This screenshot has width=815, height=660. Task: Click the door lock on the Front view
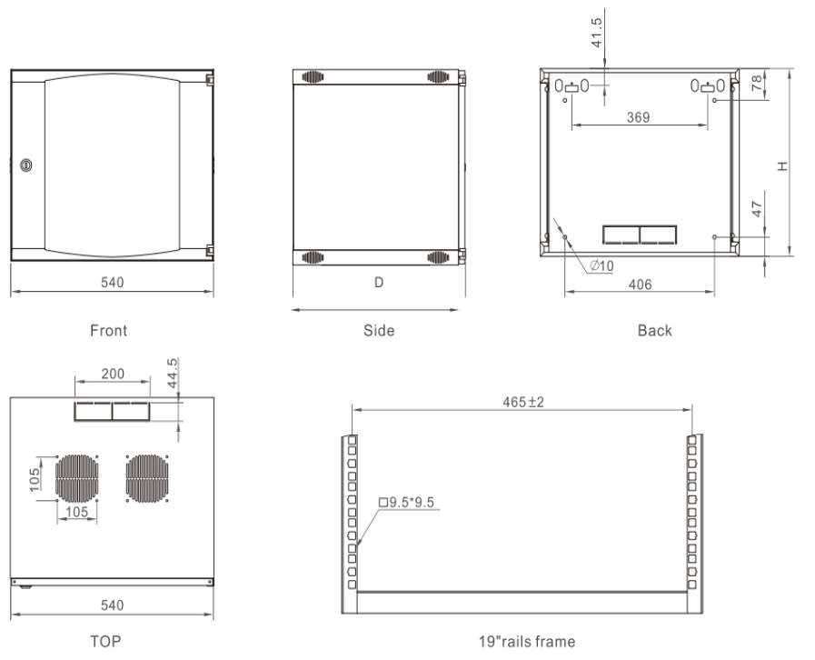[25, 165]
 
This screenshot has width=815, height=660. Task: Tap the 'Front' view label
[109, 331]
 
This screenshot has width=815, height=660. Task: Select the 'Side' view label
[379, 331]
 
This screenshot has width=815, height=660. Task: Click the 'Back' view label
[654, 331]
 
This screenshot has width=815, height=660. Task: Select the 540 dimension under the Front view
[112, 283]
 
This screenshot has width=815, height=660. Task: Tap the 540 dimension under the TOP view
[112, 605]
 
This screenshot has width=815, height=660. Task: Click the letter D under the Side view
[379, 283]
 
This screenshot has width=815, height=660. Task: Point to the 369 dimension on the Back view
[639, 118]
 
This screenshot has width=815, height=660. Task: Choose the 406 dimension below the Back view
[640, 285]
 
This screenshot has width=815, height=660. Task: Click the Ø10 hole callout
[601, 266]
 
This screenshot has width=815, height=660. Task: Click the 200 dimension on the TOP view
[113, 375]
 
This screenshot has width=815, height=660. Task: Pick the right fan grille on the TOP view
[149, 479]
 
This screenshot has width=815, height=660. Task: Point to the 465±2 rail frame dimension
[523, 402]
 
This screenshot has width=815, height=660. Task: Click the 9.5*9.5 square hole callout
[409, 502]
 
